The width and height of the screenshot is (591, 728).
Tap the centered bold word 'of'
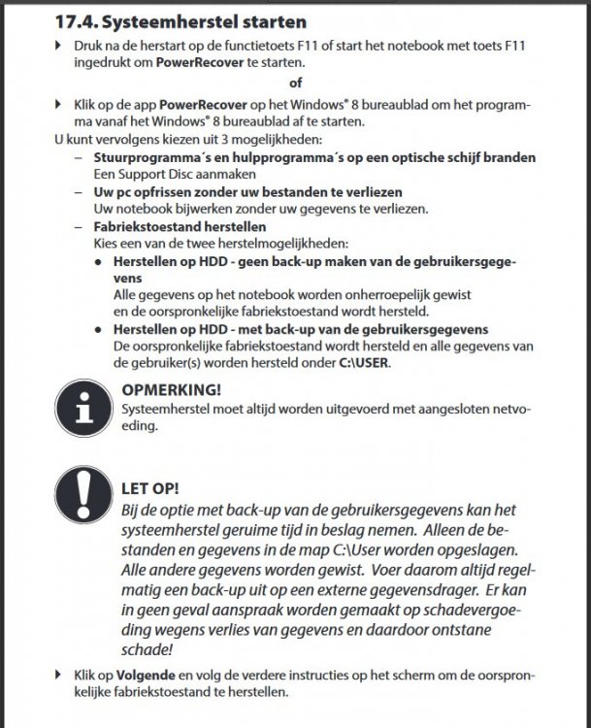pyautogui.click(x=296, y=83)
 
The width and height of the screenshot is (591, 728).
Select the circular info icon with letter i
pyautogui.click(x=86, y=412)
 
